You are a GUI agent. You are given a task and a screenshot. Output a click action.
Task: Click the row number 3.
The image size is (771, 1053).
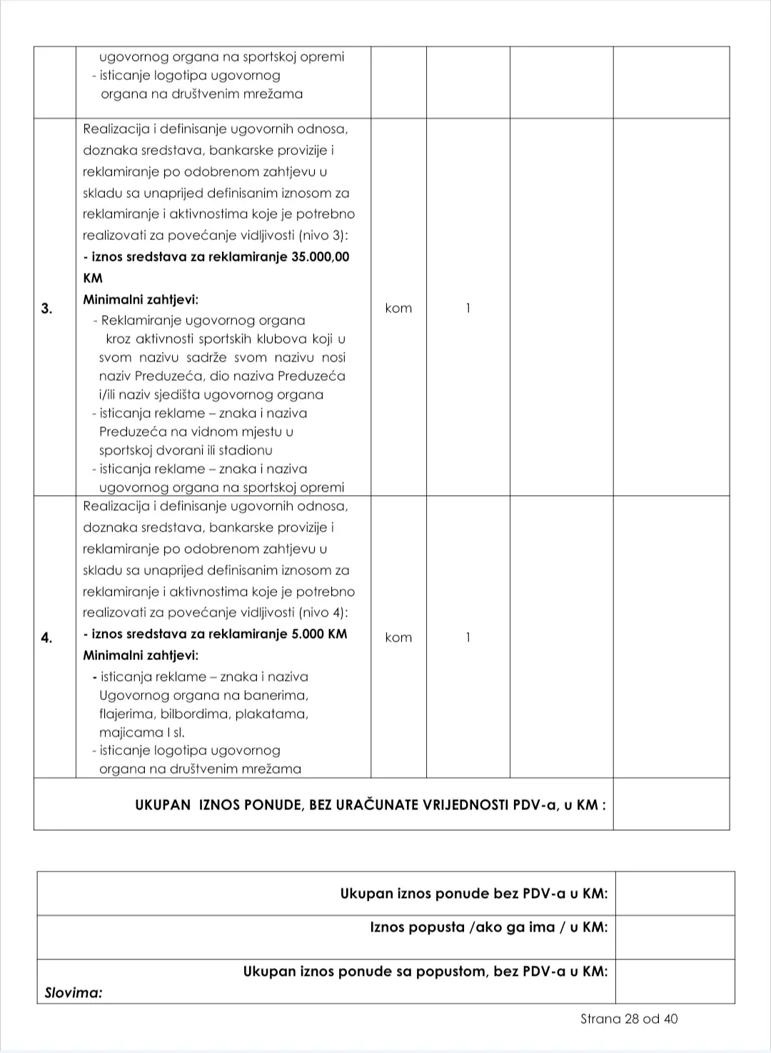[46, 309]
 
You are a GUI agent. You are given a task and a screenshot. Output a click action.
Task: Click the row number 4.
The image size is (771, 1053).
[46, 638]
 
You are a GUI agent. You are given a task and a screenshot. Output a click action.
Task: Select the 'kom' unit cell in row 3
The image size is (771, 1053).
[398, 309]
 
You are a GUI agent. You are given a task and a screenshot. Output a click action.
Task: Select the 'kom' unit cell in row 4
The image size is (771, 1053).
[398, 638]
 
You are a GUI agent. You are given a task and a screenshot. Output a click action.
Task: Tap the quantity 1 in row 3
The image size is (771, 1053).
[468, 309]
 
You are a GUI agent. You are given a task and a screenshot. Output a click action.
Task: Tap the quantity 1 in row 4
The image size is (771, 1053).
[468, 638]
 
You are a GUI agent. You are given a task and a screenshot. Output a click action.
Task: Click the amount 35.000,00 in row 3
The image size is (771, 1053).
[321, 257]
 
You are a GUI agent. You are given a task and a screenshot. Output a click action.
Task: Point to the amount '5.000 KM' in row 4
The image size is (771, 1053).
[319, 634]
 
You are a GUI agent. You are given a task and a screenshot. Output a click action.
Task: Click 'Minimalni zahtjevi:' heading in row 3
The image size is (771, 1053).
[141, 300]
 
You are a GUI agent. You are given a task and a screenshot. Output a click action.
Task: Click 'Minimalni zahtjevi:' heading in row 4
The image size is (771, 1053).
[141, 655]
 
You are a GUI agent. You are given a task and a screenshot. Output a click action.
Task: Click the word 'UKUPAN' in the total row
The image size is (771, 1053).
[163, 805]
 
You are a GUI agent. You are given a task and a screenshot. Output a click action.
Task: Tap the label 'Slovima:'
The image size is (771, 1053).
[74, 992]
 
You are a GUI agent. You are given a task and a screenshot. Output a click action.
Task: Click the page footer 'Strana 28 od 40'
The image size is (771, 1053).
[629, 1019]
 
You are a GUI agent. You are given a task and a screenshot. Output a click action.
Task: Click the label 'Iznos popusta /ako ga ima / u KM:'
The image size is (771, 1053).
[489, 927]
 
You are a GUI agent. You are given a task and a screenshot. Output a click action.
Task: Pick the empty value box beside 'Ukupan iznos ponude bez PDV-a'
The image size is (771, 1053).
[675, 894]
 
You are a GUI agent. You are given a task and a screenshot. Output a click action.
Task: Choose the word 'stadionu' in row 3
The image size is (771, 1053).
[246, 451]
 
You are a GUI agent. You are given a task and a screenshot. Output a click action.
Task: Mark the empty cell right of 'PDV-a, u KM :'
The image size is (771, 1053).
[671, 804]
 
